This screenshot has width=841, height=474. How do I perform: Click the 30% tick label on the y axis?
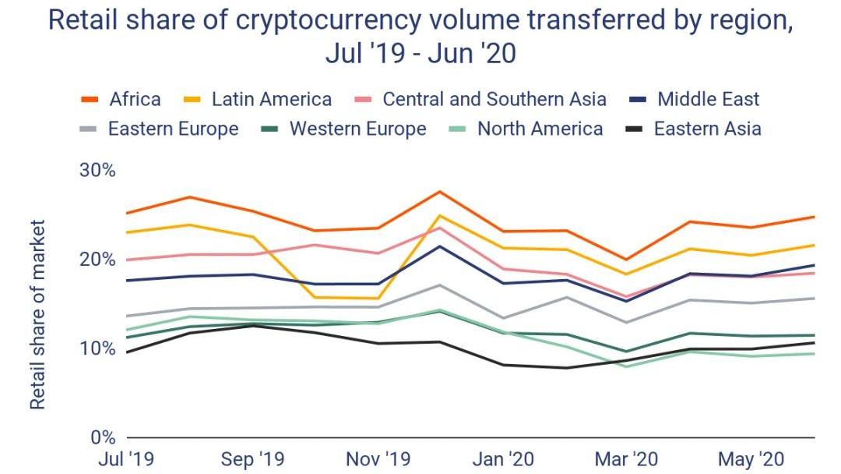[x=97, y=170]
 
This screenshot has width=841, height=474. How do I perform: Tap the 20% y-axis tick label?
[x=97, y=259]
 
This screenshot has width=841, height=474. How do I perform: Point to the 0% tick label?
[x=101, y=437]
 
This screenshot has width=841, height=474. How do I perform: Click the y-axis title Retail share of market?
[x=37, y=313]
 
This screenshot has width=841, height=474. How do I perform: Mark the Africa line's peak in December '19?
[x=441, y=191]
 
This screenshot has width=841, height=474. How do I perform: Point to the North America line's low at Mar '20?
[x=628, y=366]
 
